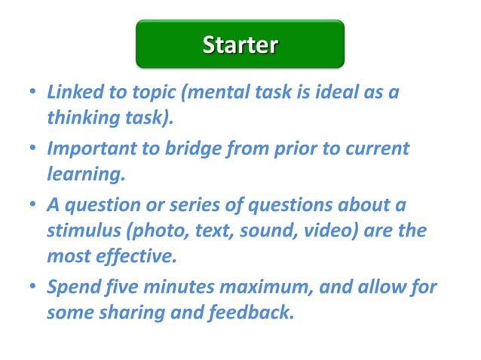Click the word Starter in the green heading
pos(240,44)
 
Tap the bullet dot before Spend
pos(32,287)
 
